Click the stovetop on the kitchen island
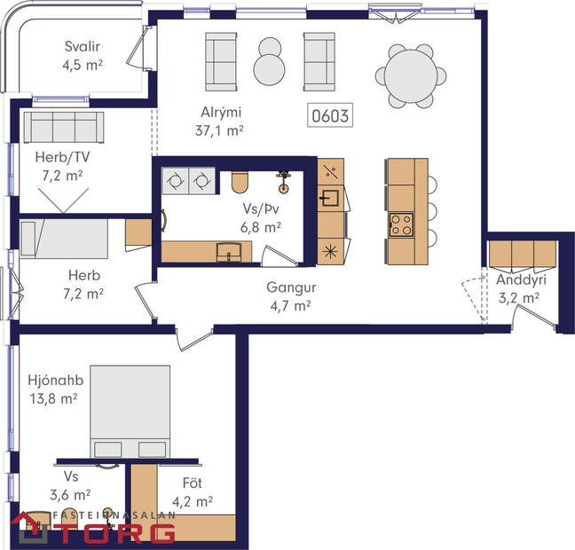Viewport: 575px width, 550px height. tap(401, 224)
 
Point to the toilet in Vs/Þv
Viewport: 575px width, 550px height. tap(239, 182)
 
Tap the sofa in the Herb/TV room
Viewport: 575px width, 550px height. tap(63, 129)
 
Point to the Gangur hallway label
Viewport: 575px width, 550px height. tap(292, 288)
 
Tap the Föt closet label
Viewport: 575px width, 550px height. tap(193, 484)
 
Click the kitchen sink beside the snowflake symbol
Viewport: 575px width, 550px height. tap(329, 197)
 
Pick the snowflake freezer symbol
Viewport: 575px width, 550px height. tap(329, 249)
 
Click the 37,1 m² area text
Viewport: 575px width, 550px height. tap(219, 130)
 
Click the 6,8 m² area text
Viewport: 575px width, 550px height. tap(262, 227)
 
